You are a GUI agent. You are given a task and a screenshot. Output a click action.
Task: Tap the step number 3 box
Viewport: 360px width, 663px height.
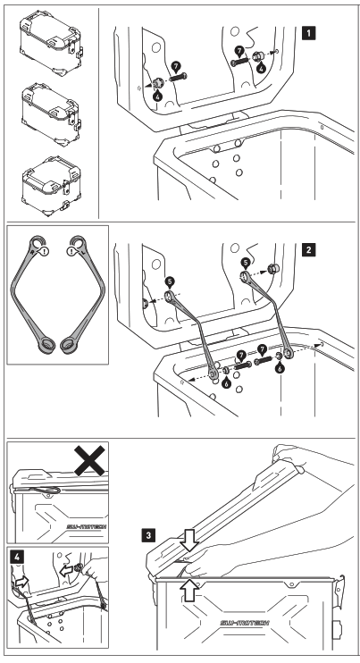coord(147,535)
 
